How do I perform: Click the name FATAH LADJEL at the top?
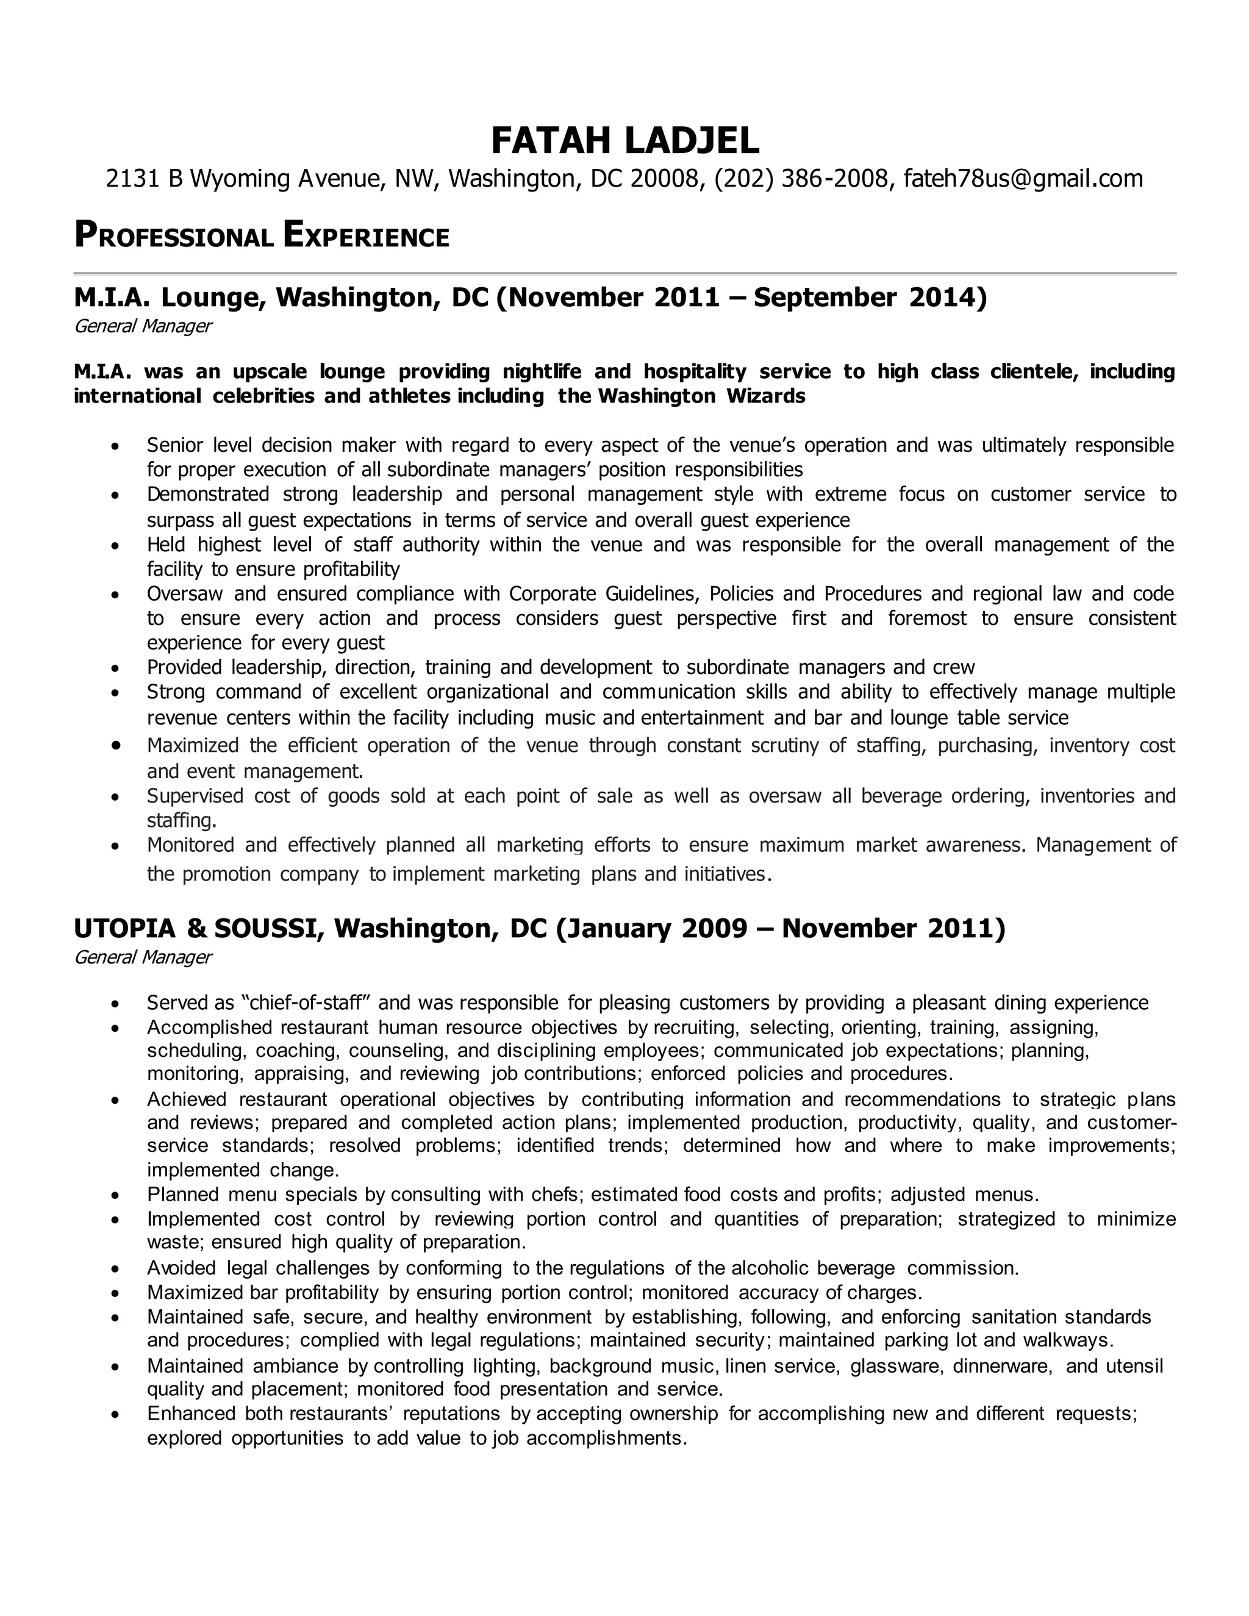(624, 141)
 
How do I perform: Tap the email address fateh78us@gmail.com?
(1023, 178)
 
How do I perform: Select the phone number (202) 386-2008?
(800, 178)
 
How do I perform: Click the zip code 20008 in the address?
(665, 178)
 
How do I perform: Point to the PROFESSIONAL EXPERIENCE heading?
(262, 235)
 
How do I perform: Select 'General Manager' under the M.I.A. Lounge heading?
(143, 326)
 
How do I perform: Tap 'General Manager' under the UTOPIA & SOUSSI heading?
(143, 957)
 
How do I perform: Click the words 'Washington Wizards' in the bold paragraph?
(701, 396)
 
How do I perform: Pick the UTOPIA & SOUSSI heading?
(198, 928)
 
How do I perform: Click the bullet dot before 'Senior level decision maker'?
(115, 447)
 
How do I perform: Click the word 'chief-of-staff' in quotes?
(306, 1003)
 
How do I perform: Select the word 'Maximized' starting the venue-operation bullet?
(192, 745)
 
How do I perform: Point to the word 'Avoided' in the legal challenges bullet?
(181, 1268)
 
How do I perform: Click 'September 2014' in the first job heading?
(870, 297)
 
